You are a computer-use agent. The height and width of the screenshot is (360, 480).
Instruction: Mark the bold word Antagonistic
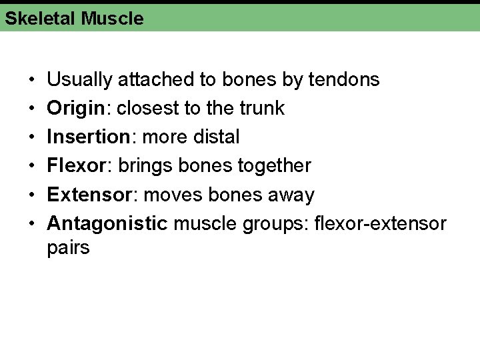pyautogui.click(x=107, y=223)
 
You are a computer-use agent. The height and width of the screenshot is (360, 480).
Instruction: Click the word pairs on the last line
pyautogui.click(x=68, y=249)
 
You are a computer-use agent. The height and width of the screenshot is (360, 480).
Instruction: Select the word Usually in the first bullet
pyautogui.click(x=80, y=80)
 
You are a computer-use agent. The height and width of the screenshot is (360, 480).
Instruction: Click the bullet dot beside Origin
pyautogui.click(x=33, y=109)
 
